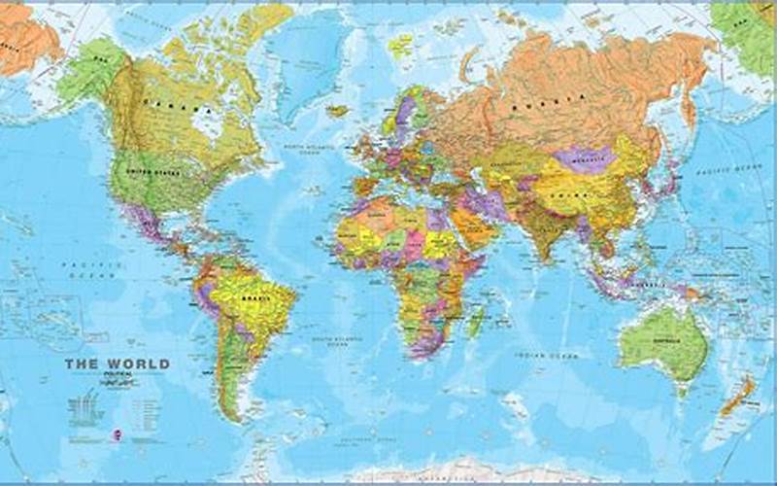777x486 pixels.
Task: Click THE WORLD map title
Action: (117, 364)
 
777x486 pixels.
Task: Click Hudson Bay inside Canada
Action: (204, 123)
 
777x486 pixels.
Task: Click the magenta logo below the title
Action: (118, 410)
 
